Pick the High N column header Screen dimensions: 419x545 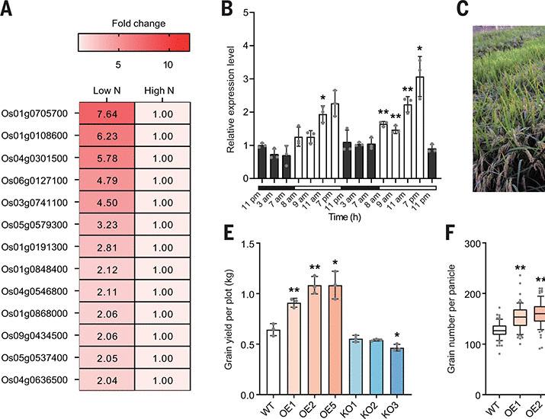pos(162,90)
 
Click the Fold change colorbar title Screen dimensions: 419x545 pos(133,24)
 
